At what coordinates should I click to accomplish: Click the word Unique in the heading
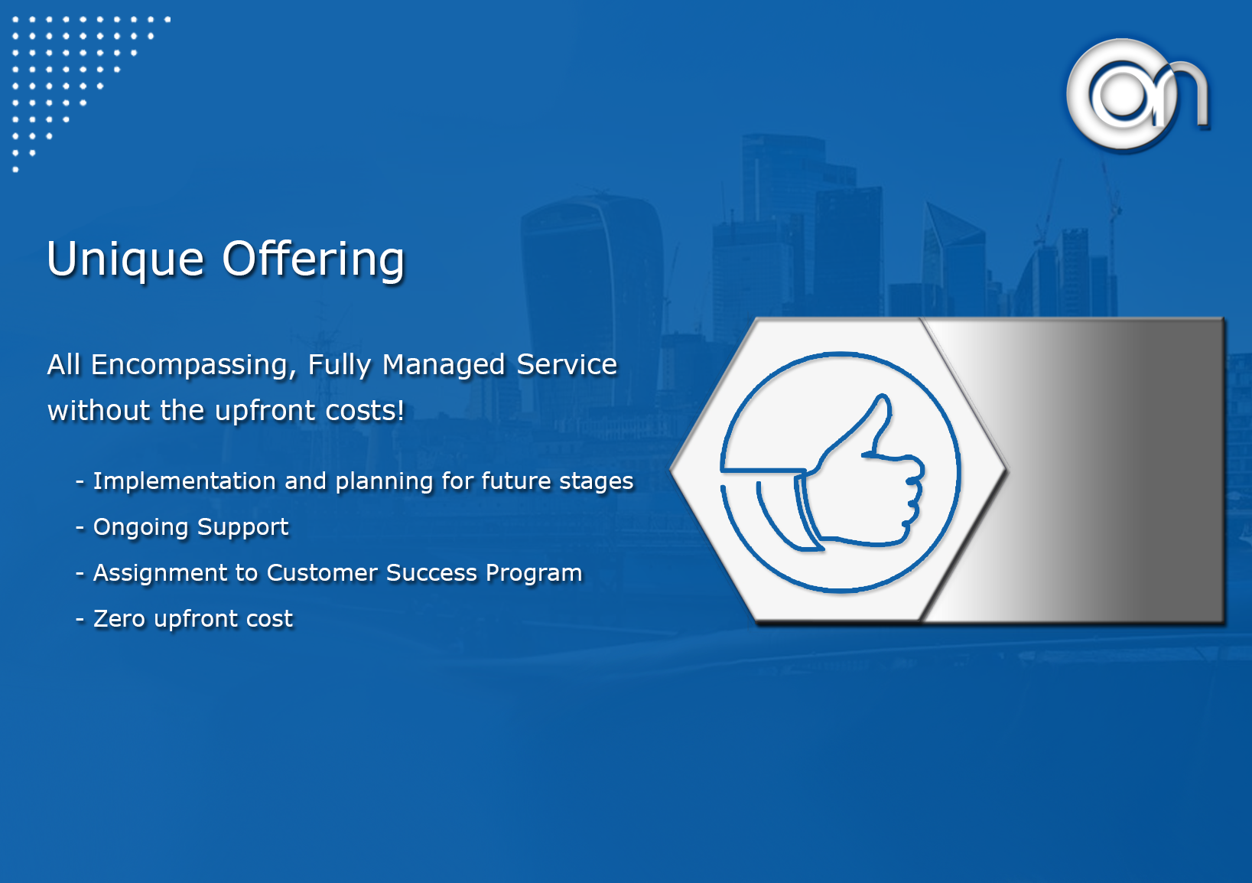pyautogui.click(x=125, y=259)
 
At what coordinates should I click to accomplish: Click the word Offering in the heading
pyautogui.click(x=313, y=259)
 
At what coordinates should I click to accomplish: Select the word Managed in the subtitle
pyautogui.click(x=444, y=365)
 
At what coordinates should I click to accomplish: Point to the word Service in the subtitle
pyautogui.click(x=567, y=365)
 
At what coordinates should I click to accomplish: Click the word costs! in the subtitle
pyautogui.click(x=365, y=411)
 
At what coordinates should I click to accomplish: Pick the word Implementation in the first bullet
pyautogui.click(x=184, y=481)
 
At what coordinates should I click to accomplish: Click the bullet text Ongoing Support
pyautogui.click(x=190, y=527)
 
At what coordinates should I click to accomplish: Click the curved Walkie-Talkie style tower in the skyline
pyautogui.click(x=593, y=302)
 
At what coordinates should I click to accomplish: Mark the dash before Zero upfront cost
pyautogui.click(x=80, y=620)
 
